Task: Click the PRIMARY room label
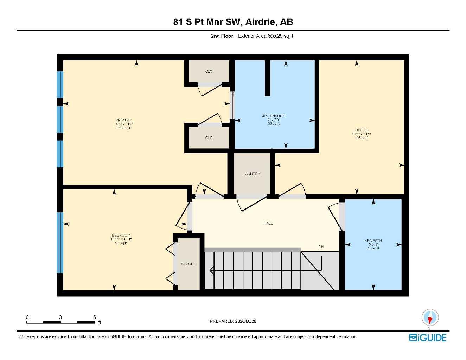123,120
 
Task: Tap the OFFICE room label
362,130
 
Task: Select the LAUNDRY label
251,174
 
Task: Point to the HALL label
268,223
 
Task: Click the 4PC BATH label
373,240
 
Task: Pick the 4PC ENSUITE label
274,116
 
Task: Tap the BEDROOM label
121,235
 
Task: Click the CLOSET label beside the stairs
188,264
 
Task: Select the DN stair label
321,247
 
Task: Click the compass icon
430,318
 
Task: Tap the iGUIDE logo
428,338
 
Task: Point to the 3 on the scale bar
60,317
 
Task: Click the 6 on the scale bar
94,317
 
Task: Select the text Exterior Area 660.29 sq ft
266,36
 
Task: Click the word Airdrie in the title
260,22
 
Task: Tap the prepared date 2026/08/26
245,321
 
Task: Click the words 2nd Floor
222,36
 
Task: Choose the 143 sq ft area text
123,128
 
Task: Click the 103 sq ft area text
362,138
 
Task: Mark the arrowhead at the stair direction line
211,270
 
